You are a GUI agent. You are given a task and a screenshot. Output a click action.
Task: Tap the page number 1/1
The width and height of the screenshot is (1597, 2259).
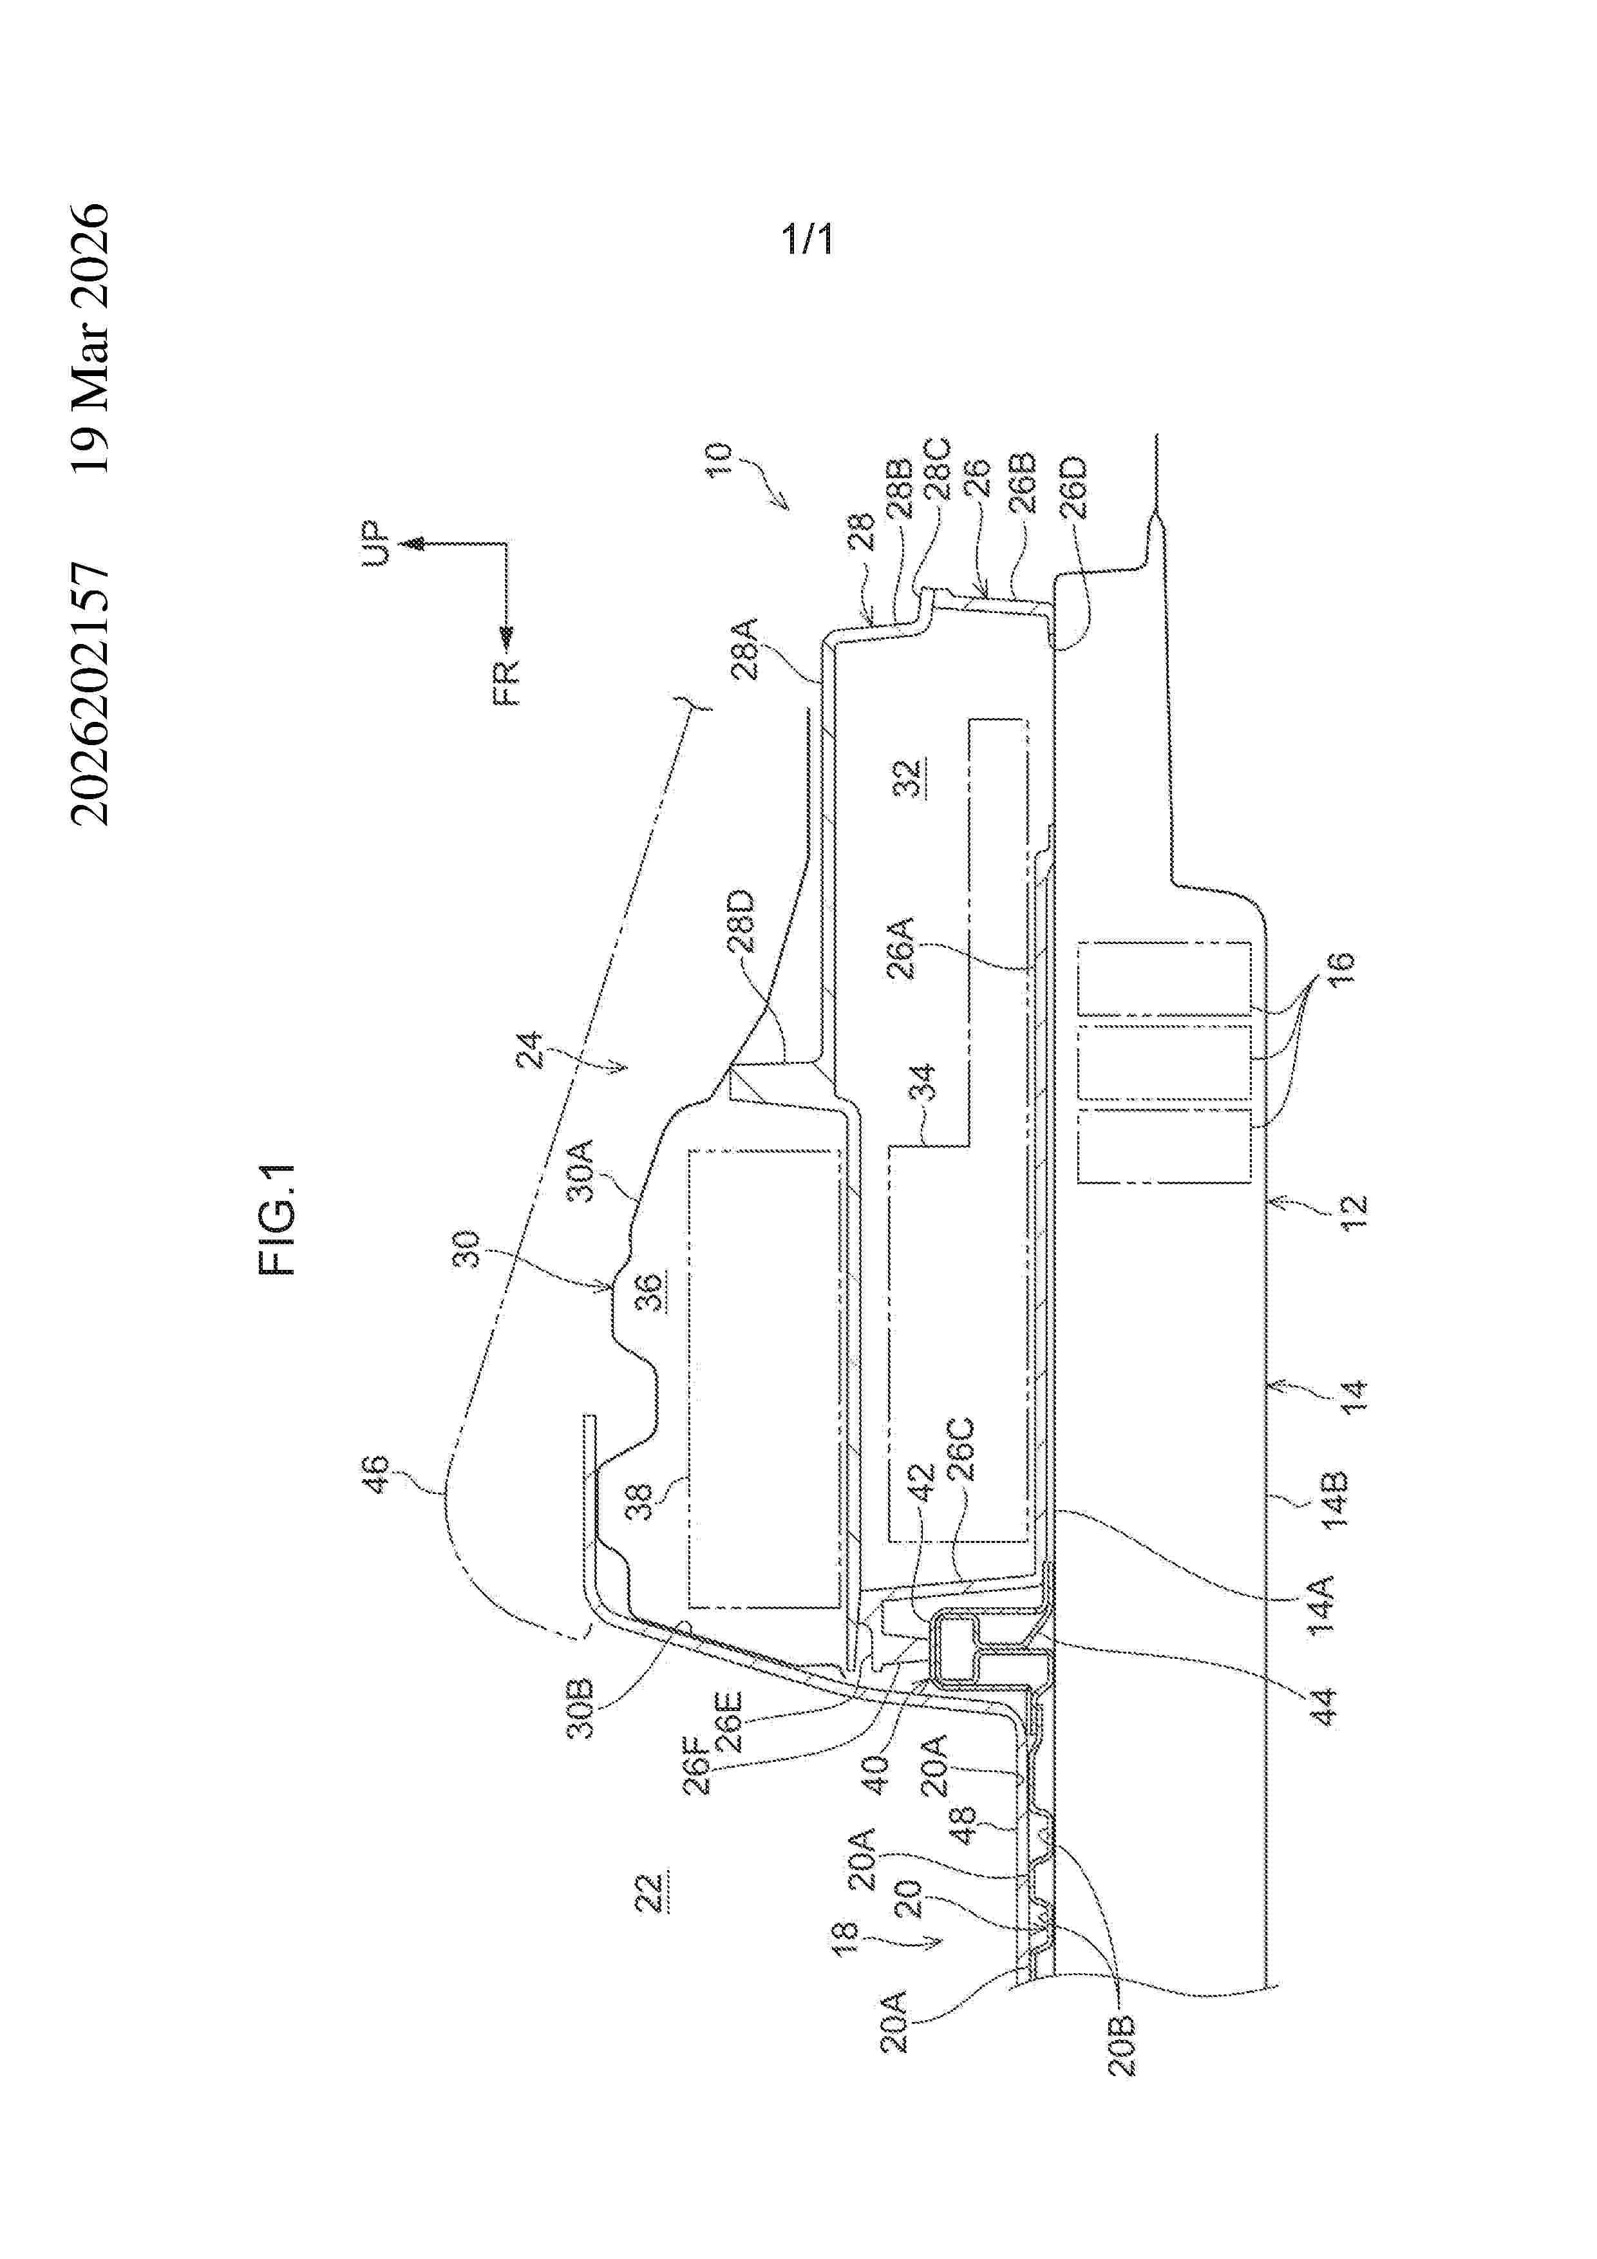coord(807,239)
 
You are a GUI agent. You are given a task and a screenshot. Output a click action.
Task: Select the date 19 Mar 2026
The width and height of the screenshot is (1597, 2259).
coord(91,339)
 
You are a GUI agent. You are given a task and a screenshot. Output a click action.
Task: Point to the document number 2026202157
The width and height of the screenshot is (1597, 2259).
coord(91,694)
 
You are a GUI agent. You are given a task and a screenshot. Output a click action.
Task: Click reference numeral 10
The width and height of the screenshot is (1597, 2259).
coord(721,460)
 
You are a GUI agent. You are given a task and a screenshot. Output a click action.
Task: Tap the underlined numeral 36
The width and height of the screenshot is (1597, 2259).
coord(650,1292)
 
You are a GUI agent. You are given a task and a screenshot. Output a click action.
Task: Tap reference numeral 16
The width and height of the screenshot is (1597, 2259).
coord(1341,970)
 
